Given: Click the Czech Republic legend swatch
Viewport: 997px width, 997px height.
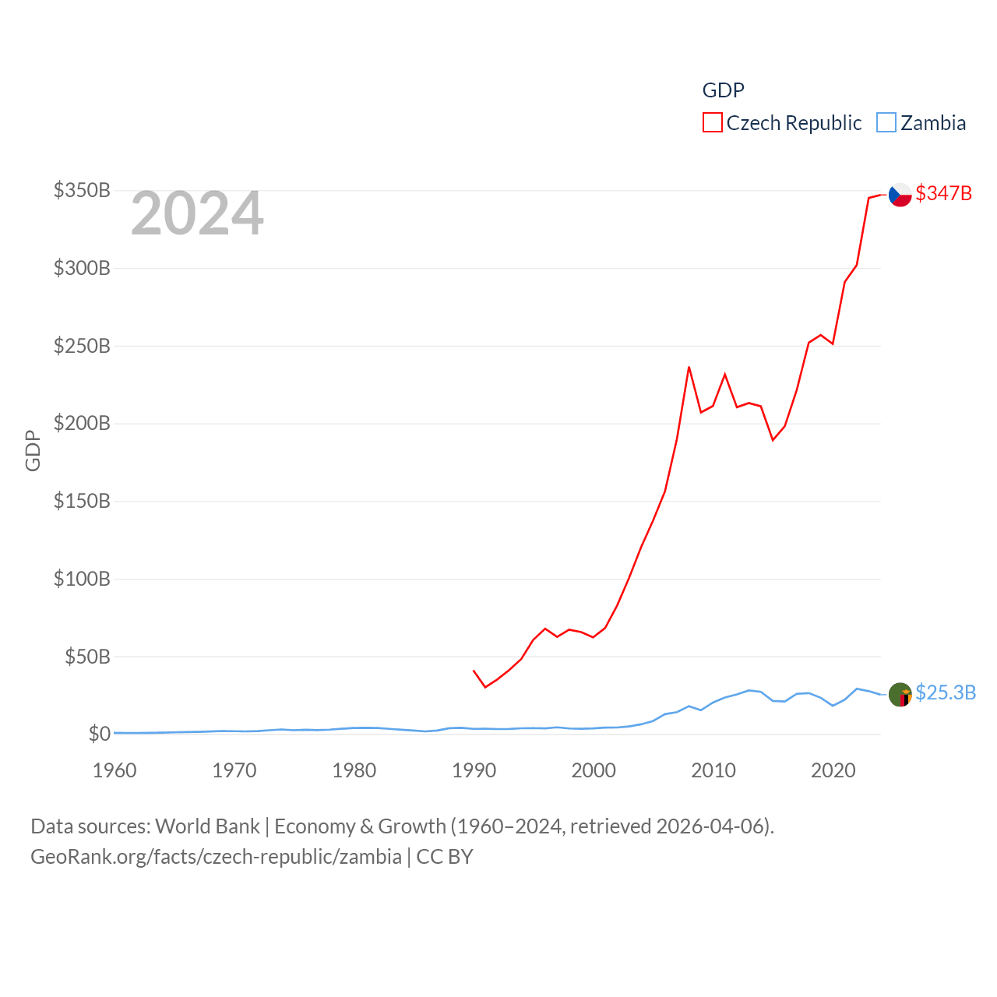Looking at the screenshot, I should click(x=712, y=123).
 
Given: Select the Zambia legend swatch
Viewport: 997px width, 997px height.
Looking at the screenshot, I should click(x=886, y=123).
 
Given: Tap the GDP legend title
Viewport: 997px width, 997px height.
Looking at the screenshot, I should click(x=723, y=90).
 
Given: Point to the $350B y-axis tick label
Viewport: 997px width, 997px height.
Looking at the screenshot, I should click(x=82, y=191).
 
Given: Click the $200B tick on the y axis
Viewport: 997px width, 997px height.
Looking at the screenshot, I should click(x=82, y=424).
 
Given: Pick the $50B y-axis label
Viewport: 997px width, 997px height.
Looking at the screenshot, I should click(x=87, y=657).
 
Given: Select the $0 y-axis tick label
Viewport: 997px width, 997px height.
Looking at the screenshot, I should click(x=99, y=734).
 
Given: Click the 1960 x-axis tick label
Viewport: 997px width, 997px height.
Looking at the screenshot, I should click(x=114, y=770).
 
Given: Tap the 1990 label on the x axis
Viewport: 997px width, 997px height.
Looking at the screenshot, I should click(x=474, y=770).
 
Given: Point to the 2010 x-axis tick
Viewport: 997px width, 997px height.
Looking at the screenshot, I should click(x=713, y=770).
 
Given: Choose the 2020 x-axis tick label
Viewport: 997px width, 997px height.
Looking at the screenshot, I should click(x=833, y=770).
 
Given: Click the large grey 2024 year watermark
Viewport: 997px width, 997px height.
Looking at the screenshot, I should click(x=197, y=213).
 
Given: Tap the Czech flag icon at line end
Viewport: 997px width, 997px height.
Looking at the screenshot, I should click(x=900, y=194).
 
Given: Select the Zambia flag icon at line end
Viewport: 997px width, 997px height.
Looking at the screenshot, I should click(x=900, y=694).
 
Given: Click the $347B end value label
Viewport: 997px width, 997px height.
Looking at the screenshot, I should click(x=943, y=193).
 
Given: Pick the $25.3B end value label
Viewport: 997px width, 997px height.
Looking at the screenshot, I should click(x=946, y=692).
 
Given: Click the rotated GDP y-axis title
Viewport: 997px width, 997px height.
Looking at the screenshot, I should click(x=33, y=450).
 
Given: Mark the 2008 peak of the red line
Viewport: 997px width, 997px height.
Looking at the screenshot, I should click(x=689, y=367).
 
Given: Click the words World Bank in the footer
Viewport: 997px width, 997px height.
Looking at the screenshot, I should click(x=207, y=826).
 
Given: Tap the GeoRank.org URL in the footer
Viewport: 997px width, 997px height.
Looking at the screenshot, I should click(x=216, y=857).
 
